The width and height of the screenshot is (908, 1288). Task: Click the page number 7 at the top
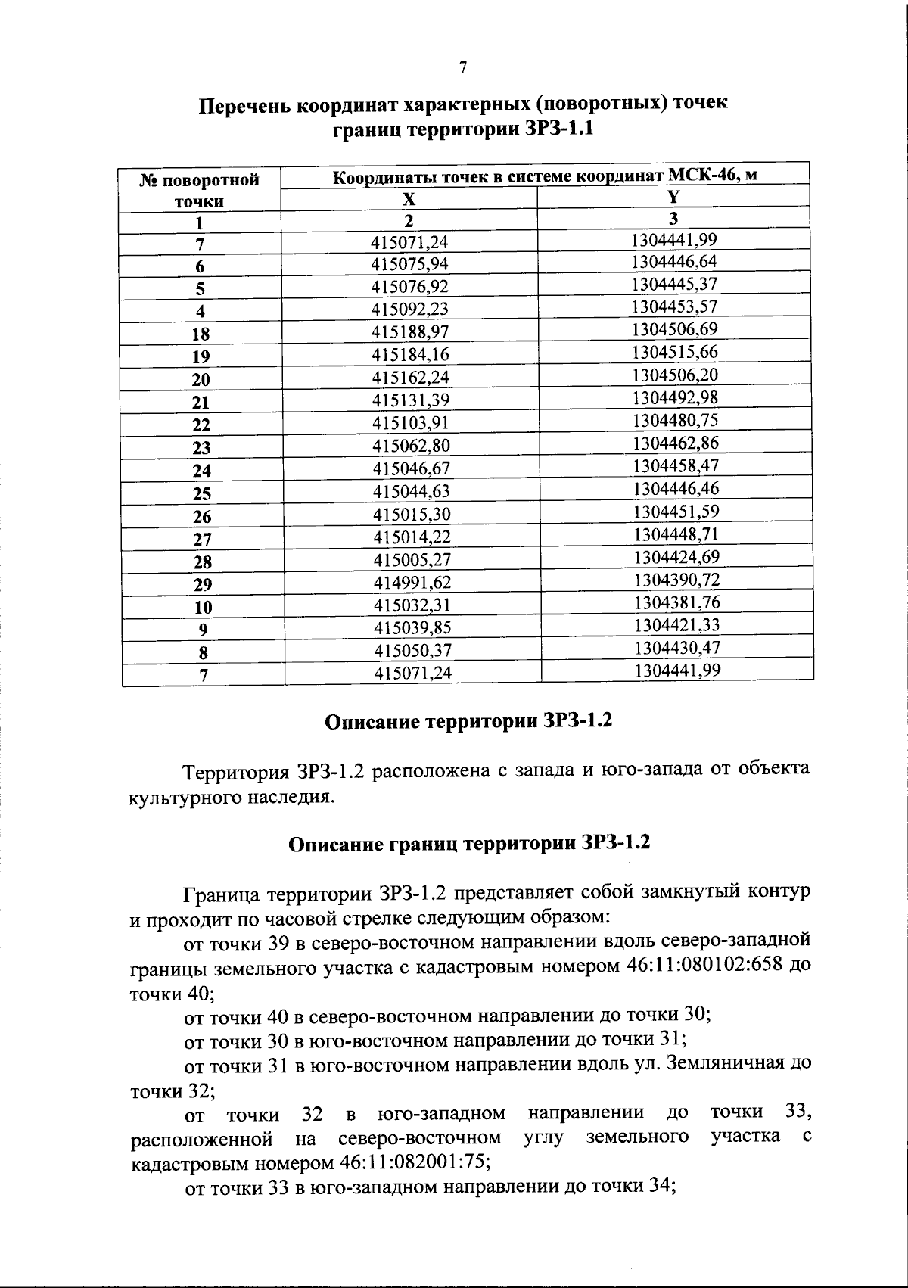pyautogui.click(x=462, y=68)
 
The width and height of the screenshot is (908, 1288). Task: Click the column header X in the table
pyautogui.click(x=409, y=199)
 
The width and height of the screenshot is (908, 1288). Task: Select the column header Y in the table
pyautogui.click(x=673, y=197)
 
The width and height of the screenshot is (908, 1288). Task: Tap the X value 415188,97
pyautogui.click(x=411, y=332)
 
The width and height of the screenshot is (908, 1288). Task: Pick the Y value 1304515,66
pyautogui.click(x=675, y=352)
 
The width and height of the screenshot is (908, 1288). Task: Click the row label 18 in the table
pyautogui.click(x=201, y=334)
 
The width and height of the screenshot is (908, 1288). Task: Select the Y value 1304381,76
pyautogui.click(x=676, y=602)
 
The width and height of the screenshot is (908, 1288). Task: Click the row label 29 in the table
pyautogui.click(x=202, y=584)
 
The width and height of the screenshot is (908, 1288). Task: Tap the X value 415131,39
pyautogui.click(x=412, y=400)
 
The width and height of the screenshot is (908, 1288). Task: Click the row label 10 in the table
pyautogui.click(x=202, y=607)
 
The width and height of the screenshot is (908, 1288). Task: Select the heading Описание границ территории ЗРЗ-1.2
pyautogui.click(x=470, y=843)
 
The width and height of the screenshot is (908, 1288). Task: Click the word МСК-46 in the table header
pyautogui.click(x=700, y=176)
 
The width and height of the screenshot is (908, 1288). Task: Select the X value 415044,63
pyautogui.click(x=412, y=491)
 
